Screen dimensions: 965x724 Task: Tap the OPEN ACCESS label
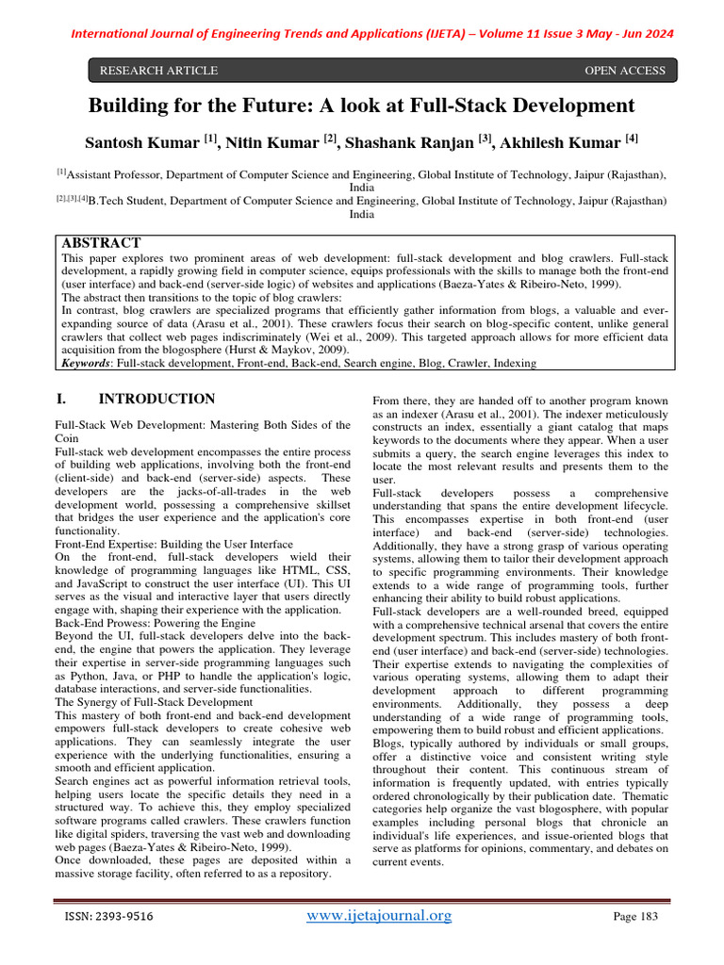[625, 71]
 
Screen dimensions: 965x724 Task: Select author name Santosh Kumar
[142, 142]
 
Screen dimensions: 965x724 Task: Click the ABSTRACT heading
[101, 243]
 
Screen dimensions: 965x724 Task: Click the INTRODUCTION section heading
[156, 399]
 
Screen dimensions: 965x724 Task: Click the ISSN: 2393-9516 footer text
[108, 917]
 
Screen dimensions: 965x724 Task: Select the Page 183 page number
[634, 917]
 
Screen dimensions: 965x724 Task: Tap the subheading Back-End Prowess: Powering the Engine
[156, 623]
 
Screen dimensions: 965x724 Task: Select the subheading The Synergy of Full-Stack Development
[154, 702]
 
